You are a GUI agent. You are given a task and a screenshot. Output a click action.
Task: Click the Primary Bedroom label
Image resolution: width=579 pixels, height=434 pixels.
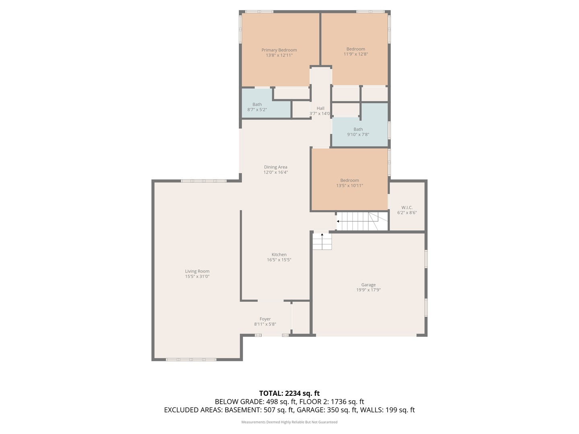click(279, 50)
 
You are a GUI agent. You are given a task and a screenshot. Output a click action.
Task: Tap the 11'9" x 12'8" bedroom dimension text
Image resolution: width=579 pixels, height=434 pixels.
click(355, 54)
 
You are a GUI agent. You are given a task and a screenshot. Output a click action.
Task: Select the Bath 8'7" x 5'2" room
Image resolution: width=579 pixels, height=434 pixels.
click(257, 107)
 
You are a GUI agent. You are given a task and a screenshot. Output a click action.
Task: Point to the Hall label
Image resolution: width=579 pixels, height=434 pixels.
click(320, 108)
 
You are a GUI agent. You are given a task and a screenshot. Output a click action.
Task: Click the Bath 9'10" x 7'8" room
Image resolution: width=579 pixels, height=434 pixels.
click(358, 132)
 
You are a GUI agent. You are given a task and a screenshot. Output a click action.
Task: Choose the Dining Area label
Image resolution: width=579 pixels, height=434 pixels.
click(275, 167)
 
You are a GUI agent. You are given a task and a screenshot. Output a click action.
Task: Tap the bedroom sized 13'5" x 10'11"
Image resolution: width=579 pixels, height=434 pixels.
click(349, 183)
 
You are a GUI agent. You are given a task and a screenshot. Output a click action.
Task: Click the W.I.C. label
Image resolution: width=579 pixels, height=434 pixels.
click(407, 208)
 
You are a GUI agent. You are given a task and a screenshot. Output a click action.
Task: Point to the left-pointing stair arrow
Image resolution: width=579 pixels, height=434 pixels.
click(338, 221)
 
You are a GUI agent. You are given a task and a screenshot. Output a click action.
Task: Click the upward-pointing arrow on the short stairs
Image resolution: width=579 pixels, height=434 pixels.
click(322, 235)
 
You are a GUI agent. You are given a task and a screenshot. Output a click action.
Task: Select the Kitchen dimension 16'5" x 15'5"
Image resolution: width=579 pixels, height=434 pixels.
click(279, 260)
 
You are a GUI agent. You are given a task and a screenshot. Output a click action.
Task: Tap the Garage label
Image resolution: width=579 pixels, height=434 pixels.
click(368, 285)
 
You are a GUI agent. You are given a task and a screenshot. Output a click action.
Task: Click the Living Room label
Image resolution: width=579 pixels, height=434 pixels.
click(197, 271)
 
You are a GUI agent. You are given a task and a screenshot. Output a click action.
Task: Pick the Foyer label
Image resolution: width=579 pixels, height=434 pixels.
click(265, 319)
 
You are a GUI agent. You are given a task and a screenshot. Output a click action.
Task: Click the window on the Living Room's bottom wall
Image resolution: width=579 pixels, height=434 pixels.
click(191, 359)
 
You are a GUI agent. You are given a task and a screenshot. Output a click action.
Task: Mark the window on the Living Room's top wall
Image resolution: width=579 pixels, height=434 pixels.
click(203, 181)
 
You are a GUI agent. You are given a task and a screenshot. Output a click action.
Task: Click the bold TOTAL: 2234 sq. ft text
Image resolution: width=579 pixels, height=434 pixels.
click(289, 393)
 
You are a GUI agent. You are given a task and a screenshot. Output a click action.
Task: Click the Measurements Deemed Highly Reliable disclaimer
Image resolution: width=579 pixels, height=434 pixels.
click(289, 422)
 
